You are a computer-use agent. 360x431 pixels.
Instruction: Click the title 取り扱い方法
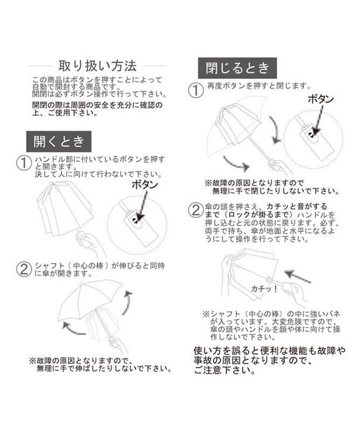coord(97,65)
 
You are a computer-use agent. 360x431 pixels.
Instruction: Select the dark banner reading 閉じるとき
coord(236,68)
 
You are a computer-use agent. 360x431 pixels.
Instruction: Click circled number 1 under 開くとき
coord(25,163)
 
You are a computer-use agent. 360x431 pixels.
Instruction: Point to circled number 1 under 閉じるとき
coord(197,89)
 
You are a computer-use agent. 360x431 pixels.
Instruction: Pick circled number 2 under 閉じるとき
coord(197,209)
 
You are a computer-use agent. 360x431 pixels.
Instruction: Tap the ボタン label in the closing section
coord(320,99)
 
